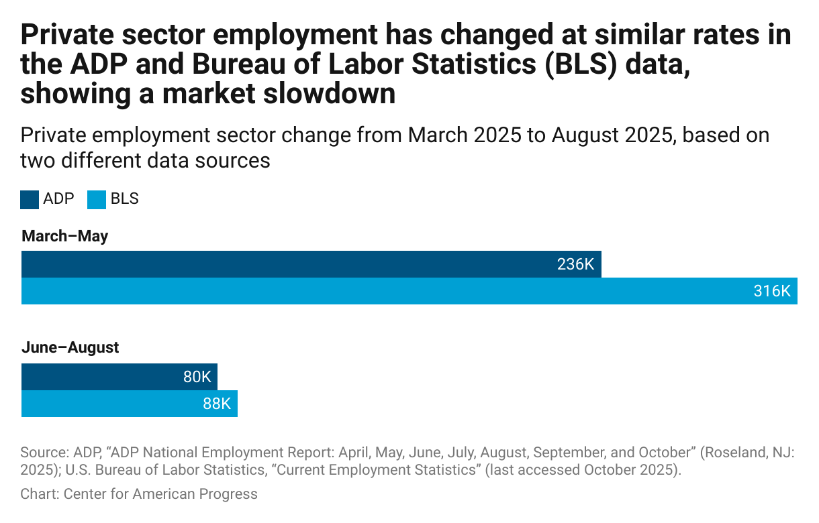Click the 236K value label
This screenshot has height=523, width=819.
point(575,264)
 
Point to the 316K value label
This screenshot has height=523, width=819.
point(772,292)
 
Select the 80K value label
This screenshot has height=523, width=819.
point(197,377)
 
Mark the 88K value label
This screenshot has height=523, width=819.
point(217,404)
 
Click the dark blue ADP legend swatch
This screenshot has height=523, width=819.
point(30,199)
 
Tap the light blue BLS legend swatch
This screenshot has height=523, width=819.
point(97,199)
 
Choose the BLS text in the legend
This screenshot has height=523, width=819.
point(124,199)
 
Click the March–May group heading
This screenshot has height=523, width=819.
point(64,236)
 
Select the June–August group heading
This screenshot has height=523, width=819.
point(70,347)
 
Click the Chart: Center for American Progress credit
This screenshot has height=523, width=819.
point(139,494)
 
